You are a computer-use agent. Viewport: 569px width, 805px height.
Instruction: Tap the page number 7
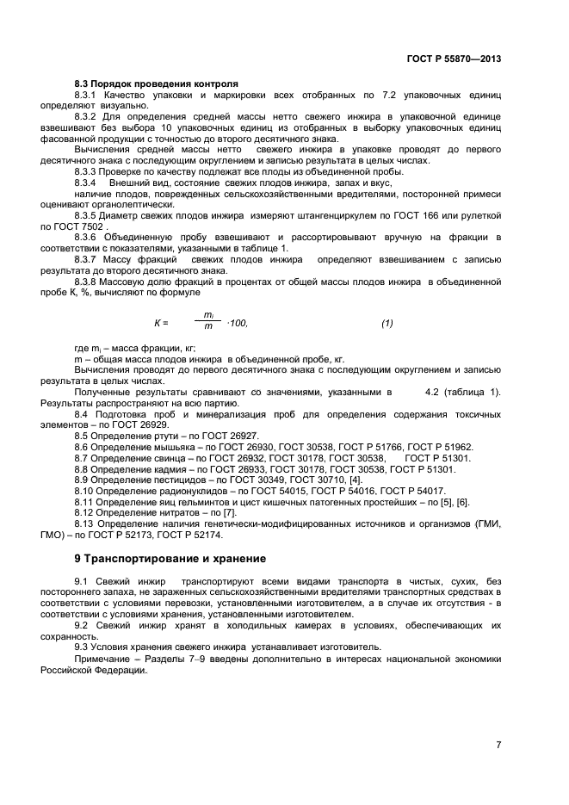click(x=498, y=744)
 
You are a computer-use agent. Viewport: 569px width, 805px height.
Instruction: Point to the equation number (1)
click(x=387, y=323)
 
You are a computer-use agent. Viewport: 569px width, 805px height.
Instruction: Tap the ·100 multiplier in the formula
click(x=236, y=323)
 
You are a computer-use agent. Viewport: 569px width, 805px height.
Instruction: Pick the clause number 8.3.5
click(x=88, y=214)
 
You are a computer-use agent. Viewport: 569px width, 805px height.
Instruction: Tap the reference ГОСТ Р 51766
click(x=382, y=447)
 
